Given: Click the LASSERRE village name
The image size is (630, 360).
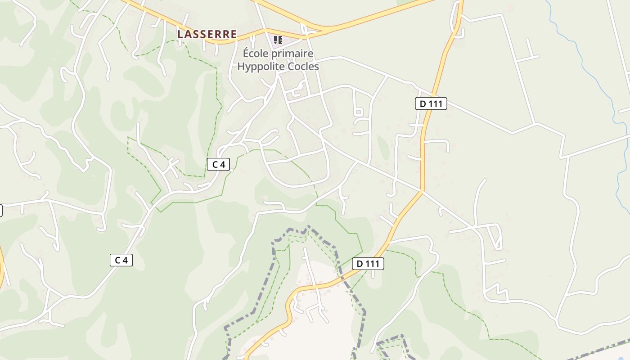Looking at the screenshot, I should (207, 34).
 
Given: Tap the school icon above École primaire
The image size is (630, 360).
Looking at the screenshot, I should (278, 40).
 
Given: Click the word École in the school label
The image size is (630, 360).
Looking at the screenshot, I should (255, 54).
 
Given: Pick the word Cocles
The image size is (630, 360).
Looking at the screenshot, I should (303, 67).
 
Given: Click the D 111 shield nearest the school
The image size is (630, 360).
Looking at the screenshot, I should (431, 104).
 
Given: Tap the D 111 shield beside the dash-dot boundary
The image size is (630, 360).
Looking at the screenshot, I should (368, 264).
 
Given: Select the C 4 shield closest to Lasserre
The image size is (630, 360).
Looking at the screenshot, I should (218, 164).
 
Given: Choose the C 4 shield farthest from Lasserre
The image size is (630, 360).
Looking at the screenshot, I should (121, 260).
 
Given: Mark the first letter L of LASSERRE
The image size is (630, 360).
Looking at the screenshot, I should (180, 34).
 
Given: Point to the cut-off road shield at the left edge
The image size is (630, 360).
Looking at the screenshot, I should (1, 210).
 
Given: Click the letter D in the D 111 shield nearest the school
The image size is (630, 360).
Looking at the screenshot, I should (423, 104).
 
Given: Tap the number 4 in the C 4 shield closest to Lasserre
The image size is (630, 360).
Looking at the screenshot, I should (222, 164).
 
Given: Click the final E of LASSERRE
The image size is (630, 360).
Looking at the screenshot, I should (233, 34).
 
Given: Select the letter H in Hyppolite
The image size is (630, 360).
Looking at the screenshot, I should (241, 67).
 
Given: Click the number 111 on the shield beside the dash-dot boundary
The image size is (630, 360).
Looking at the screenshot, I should (372, 264).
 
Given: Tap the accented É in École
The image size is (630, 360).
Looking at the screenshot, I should (246, 53).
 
